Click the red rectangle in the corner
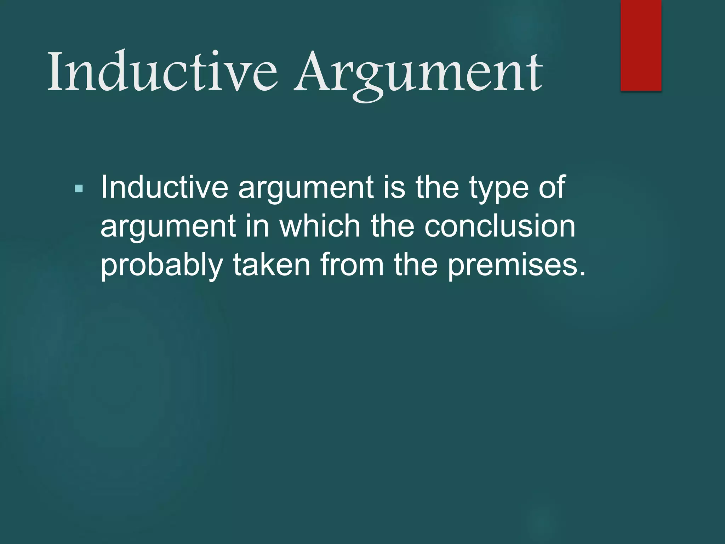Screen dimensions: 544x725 tap(641, 45)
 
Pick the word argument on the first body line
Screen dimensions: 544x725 tap(306, 188)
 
